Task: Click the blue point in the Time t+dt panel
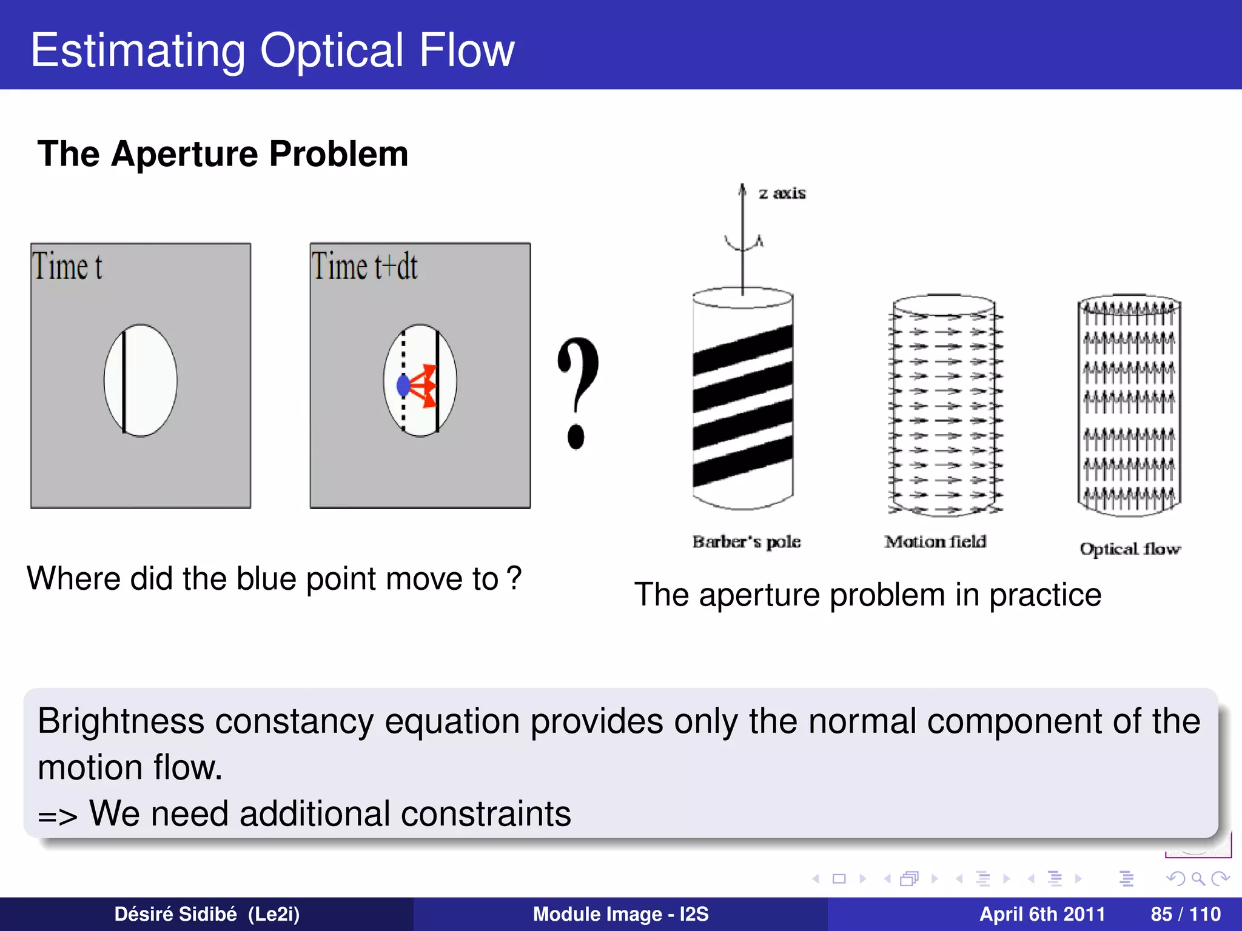[403, 385]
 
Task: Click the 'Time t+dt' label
[364, 266]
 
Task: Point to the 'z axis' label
[782, 193]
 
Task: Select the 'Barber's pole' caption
[747, 541]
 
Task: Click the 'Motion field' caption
[935, 541]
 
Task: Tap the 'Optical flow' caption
[1130, 549]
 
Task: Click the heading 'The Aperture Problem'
[223, 153]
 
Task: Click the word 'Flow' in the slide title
[466, 50]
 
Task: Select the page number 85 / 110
[1186, 914]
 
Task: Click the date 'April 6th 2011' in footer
[1042, 914]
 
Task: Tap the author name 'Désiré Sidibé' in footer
[175, 914]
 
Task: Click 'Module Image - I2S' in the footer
[620, 914]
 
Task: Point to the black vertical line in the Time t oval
[124, 381]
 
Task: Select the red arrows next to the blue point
[425, 385]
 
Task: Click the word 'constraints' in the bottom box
[486, 813]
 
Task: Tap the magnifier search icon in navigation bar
[1198, 878]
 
